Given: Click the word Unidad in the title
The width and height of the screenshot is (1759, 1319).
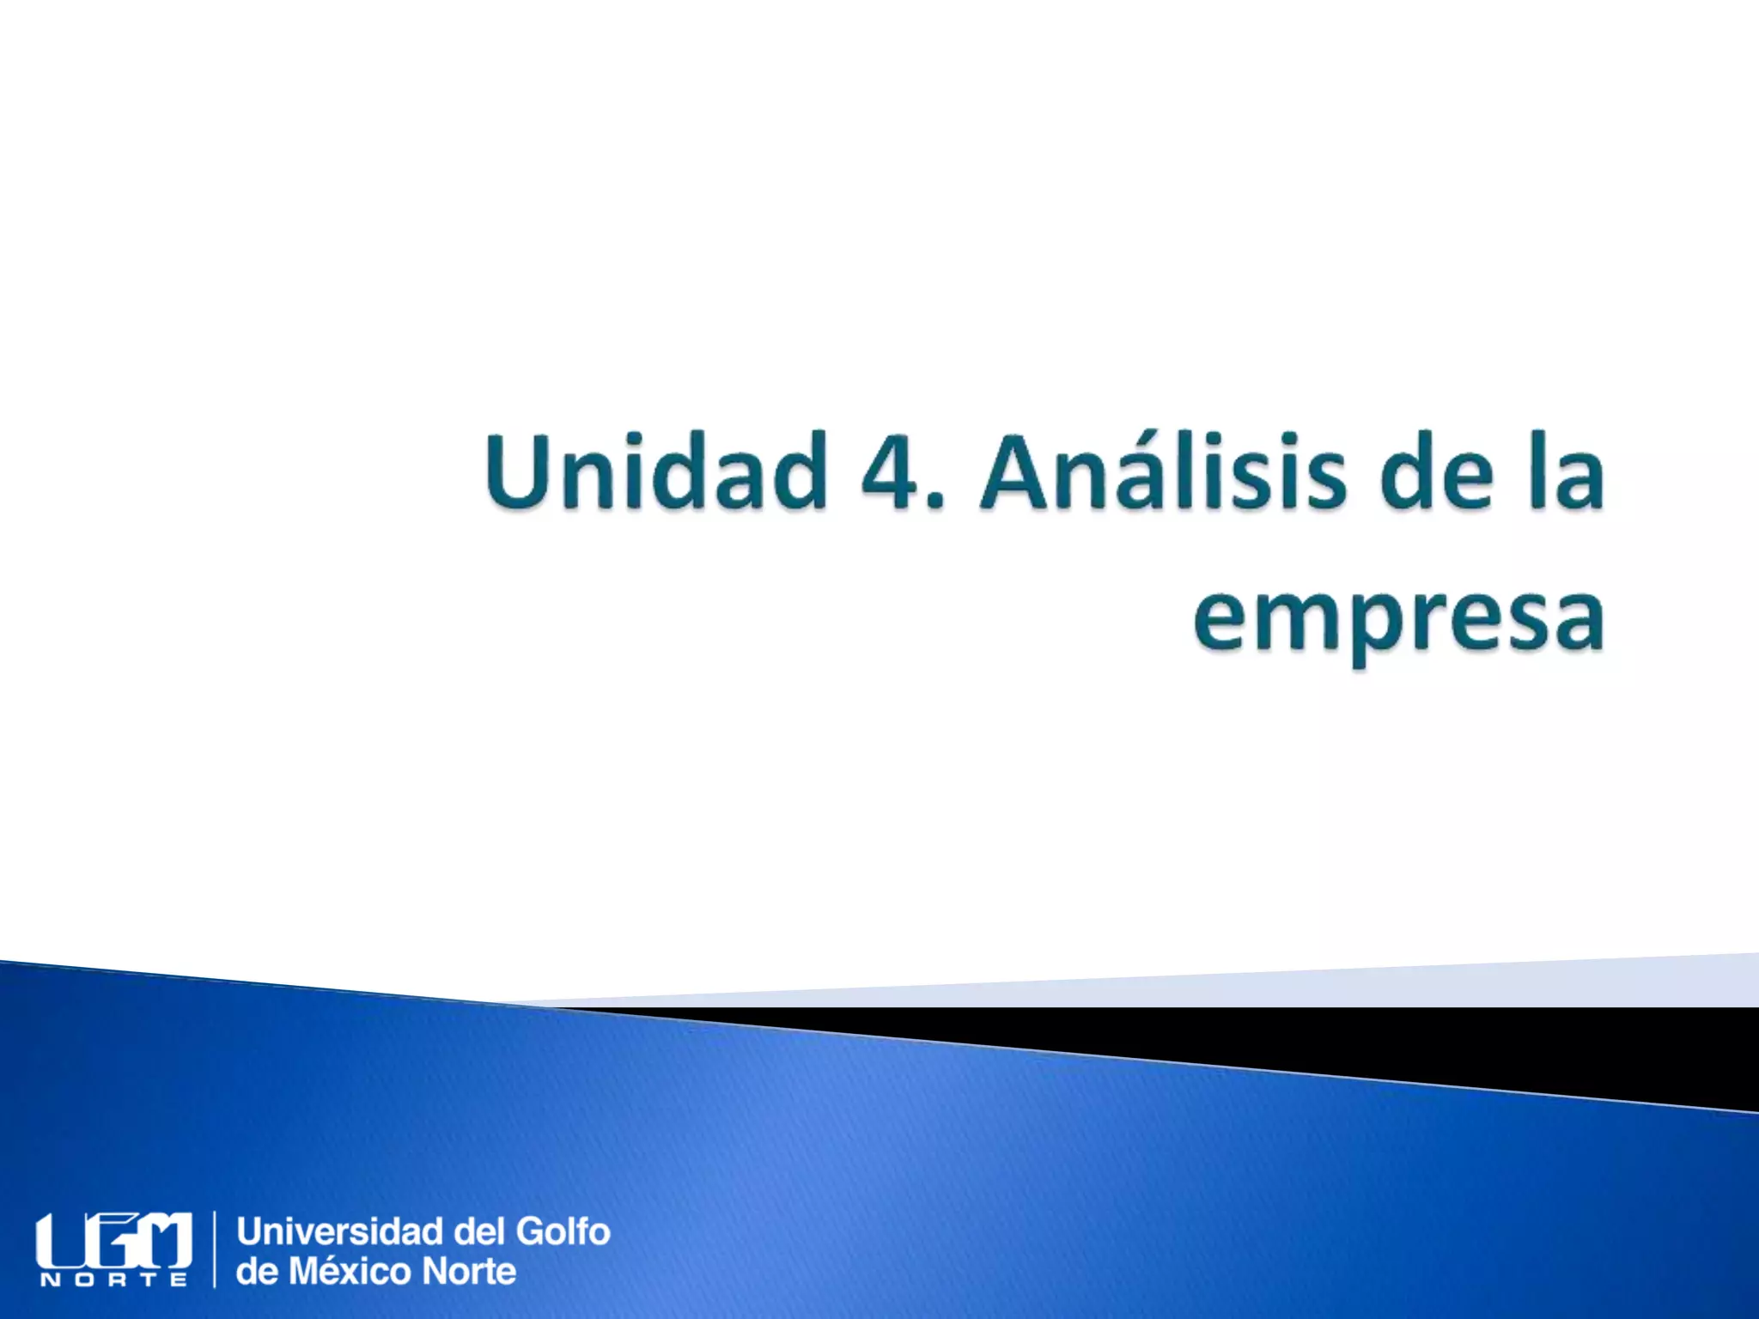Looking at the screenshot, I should pos(654,472).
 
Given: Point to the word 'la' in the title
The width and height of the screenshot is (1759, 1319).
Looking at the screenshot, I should pos(1567,472).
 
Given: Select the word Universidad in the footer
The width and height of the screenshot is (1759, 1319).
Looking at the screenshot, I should pos(340,1231).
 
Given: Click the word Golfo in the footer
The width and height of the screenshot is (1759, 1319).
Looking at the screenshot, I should pos(563,1231).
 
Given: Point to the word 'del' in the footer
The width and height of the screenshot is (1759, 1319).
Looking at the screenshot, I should pos(479,1231).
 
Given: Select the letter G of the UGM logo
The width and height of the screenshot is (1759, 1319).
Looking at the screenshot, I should pos(112,1240).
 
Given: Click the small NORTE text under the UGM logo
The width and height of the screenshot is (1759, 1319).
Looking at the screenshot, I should pos(113,1280).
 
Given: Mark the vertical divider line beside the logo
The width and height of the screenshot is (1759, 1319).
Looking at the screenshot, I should pos(214,1250).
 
